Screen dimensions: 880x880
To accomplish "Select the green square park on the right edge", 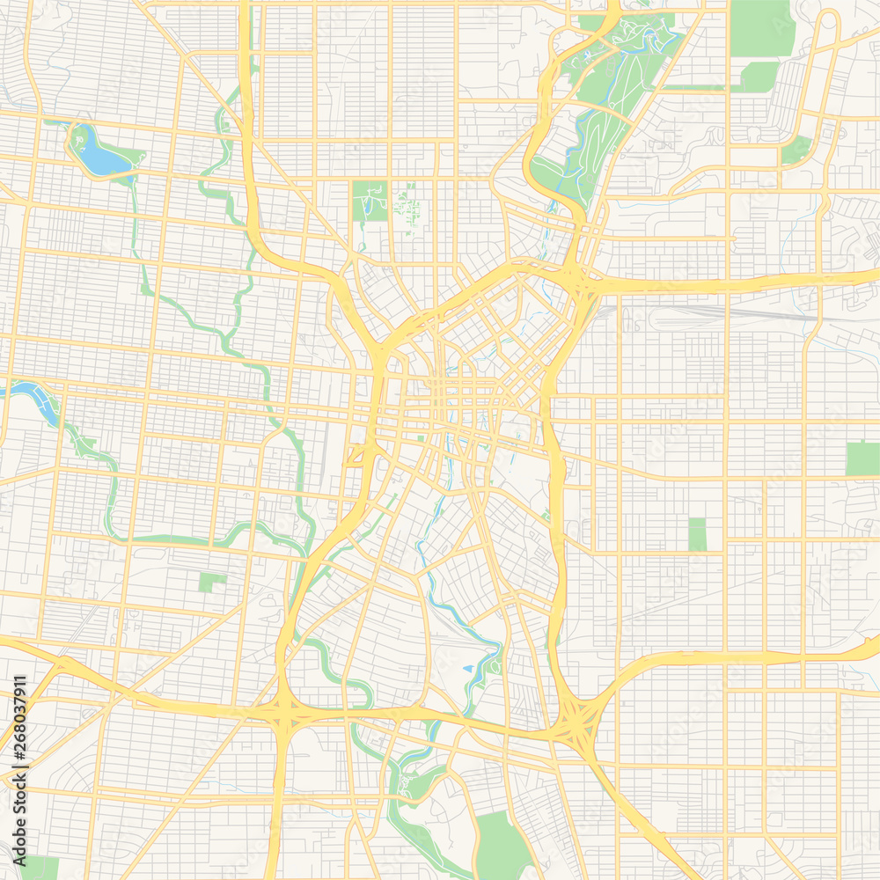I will tap(862, 458).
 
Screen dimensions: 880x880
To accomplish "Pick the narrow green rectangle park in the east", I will tap(697, 534).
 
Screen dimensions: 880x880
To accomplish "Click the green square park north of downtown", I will tap(370, 202).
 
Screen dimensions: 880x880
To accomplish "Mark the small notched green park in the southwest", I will tap(211, 582).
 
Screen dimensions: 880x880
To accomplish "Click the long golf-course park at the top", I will tap(607, 106).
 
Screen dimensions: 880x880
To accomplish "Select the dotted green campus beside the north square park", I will tap(407, 204).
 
